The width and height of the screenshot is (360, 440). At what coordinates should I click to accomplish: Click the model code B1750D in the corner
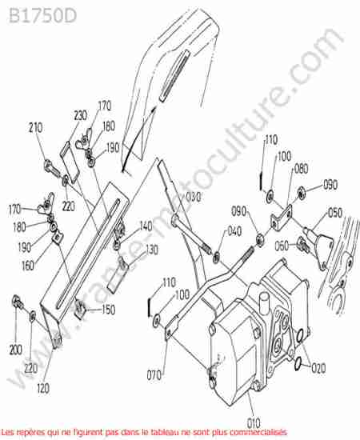point(42,16)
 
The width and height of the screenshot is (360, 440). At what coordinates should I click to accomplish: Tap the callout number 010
point(254,423)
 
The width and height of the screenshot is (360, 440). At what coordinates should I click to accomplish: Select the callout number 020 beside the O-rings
point(318,368)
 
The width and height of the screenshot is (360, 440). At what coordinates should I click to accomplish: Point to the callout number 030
point(194,198)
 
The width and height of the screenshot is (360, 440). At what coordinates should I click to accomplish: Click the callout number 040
point(234,231)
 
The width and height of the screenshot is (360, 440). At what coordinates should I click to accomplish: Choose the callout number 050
point(335,213)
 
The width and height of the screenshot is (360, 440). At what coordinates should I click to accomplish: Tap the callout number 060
point(282,246)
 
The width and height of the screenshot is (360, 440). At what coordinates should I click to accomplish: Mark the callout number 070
point(154,375)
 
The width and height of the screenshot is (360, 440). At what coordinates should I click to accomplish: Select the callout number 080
point(301,169)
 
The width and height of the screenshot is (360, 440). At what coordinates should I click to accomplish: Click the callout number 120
point(43,388)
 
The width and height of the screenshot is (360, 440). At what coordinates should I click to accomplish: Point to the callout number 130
point(152,250)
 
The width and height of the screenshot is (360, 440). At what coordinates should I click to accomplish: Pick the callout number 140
point(146,226)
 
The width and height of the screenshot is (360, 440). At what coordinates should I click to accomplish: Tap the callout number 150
point(109,310)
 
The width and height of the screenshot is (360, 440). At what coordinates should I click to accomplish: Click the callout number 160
point(28,266)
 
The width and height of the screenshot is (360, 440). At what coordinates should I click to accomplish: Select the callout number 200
point(16,350)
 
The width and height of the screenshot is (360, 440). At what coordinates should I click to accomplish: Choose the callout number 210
point(36,128)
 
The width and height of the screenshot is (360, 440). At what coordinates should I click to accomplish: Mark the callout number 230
point(81,115)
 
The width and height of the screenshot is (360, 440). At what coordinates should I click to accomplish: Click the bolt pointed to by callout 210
point(53,167)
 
